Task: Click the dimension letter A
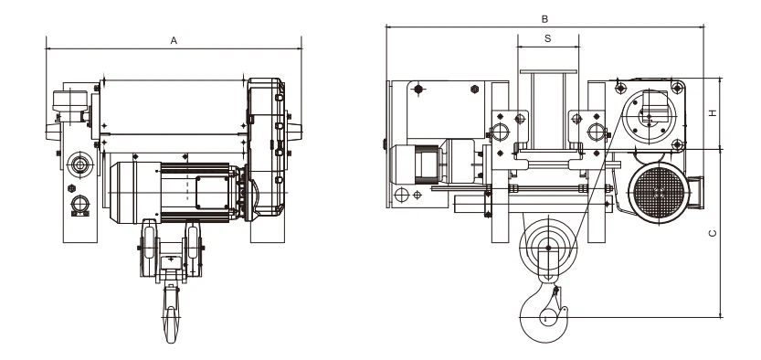(x=174, y=41)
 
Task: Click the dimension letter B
(x=544, y=19)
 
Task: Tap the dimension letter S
(x=548, y=38)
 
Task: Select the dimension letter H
(x=713, y=113)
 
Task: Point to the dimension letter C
(x=713, y=233)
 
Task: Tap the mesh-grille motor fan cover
(x=659, y=193)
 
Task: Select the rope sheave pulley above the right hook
(x=548, y=248)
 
